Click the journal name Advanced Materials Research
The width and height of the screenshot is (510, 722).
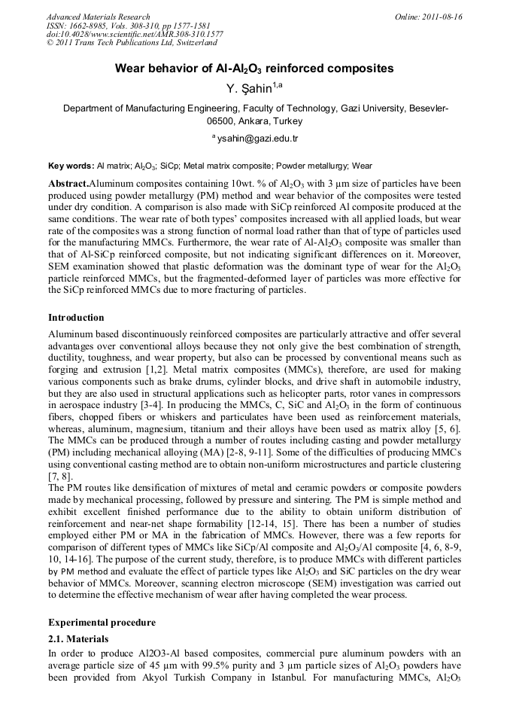98,17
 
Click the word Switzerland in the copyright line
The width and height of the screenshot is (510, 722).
190,44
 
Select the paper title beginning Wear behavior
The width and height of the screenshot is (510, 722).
254,69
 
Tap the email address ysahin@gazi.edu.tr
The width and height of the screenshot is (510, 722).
257,139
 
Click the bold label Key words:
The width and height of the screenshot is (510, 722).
71,166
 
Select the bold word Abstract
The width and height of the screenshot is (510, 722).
68,184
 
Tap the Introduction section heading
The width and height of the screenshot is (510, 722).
76,318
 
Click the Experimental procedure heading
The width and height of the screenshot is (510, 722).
102,623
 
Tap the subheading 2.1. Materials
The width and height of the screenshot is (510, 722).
78,639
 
